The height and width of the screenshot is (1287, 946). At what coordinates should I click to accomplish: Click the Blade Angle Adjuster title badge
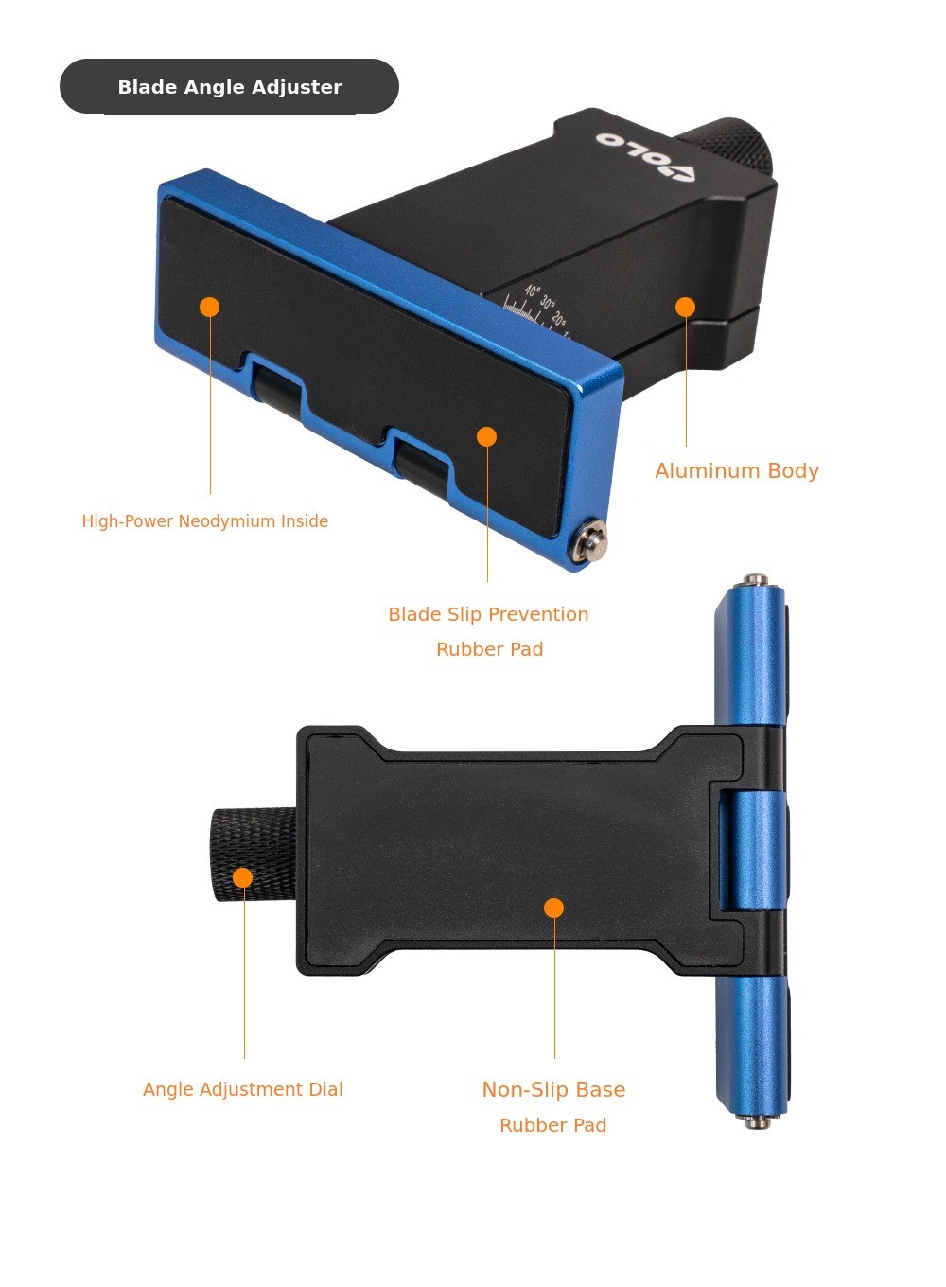pos(229,86)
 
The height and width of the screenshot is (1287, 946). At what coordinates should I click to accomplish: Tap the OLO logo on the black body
pos(645,156)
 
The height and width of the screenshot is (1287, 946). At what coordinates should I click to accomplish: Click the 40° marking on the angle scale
pos(533,291)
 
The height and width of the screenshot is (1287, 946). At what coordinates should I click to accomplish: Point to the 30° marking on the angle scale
pos(548,304)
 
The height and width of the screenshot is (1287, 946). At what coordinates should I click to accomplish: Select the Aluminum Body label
pos(737,471)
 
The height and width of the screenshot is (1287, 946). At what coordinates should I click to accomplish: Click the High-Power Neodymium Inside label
pos(205,521)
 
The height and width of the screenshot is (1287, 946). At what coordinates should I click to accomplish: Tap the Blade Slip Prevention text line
pos(488,614)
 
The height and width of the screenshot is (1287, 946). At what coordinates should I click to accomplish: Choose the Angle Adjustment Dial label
pos(242,1089)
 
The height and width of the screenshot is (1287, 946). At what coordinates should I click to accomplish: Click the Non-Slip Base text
pos(553,1089)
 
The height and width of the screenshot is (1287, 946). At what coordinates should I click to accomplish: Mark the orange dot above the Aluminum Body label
pos(685,307)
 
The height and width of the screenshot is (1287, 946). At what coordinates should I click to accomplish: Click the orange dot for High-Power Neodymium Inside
pos(210,307)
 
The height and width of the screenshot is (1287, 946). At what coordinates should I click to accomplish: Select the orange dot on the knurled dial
pos(243,877)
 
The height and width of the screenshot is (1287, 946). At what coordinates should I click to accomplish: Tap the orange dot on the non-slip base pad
pos(553,908)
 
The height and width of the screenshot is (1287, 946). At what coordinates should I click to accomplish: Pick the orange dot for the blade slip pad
pos(487,436)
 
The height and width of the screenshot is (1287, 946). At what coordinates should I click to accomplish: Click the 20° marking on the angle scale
pos(559,318)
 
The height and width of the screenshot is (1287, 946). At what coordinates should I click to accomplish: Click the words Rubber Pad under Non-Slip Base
pos(553,1125)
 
